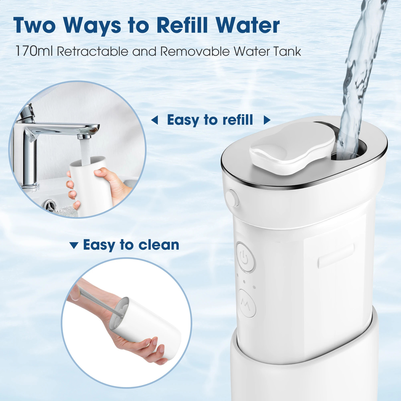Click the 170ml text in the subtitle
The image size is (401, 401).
click(34, 51)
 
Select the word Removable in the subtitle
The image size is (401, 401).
click(195, 51)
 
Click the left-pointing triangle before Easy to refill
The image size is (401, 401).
click(155, 120)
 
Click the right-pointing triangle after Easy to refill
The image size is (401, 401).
click(267, 120)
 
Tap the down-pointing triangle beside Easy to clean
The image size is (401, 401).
click(74, 245)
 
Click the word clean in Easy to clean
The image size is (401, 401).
click(159, 245)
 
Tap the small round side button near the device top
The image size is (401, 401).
click(232, 198)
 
